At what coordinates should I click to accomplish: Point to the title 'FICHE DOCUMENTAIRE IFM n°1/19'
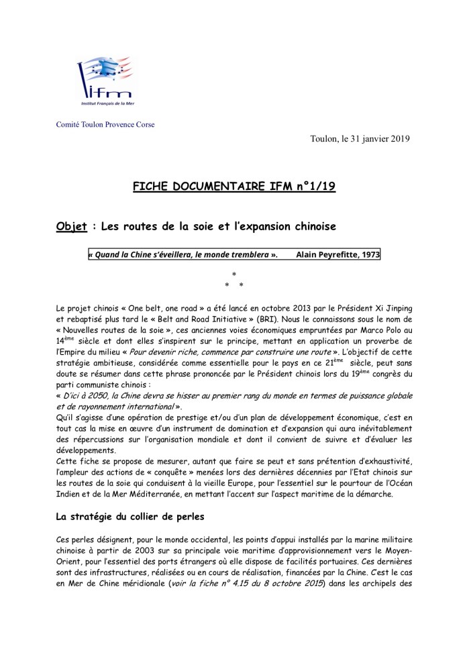coord(234,188)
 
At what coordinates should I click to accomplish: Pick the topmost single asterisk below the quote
coord(234,274)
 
